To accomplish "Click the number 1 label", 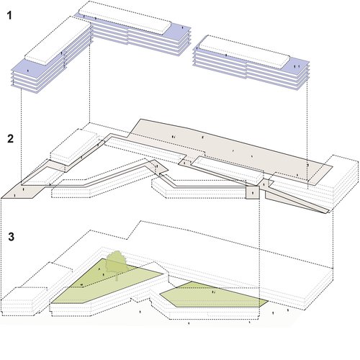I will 9,14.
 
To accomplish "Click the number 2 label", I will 9,138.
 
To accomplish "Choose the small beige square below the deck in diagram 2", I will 253,193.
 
